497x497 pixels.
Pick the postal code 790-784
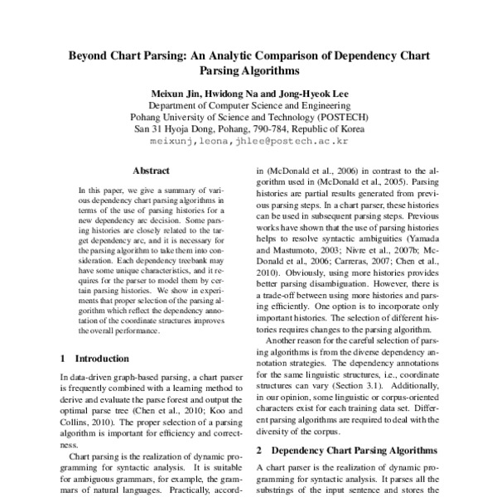click(x=280, y=129)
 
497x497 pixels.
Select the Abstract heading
click(x=151, y=171)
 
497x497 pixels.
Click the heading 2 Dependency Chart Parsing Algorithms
click(x=347, y=451)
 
